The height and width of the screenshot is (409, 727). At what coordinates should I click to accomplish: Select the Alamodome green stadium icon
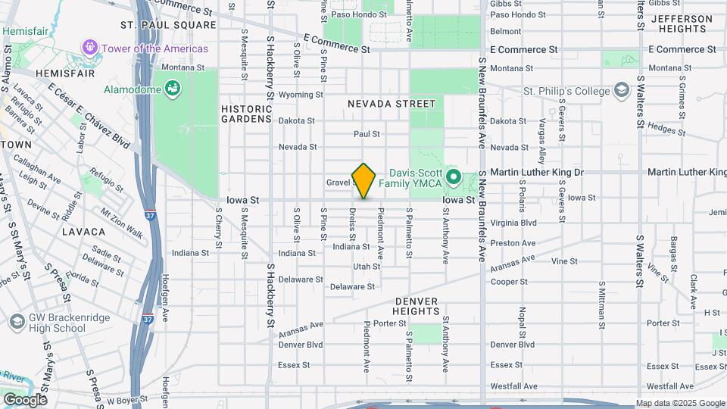click(x=173, y=89)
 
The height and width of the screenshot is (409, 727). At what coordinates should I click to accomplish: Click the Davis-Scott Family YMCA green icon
click(x=454, y=179)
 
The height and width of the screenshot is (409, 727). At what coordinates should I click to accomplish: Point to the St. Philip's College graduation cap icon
click(x=622, y=91)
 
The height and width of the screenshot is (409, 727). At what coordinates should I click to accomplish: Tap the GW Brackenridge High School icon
click(x=16, y=323)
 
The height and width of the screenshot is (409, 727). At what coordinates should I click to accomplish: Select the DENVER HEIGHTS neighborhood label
click(x=416, y=306)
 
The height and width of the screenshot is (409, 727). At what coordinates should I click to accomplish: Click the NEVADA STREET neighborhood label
click(x=392, y=103)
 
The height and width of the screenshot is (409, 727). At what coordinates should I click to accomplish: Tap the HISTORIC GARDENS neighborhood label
click(x=246, y=114)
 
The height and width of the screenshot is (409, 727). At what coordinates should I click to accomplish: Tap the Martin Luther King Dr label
click(x=536, y=173)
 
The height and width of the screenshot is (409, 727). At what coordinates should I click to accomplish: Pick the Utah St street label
click(x=367, y=267)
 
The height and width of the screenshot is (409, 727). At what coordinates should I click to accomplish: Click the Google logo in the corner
click(x=25, y=399)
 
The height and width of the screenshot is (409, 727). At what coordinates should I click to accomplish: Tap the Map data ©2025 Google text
click(x=680, y=403)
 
